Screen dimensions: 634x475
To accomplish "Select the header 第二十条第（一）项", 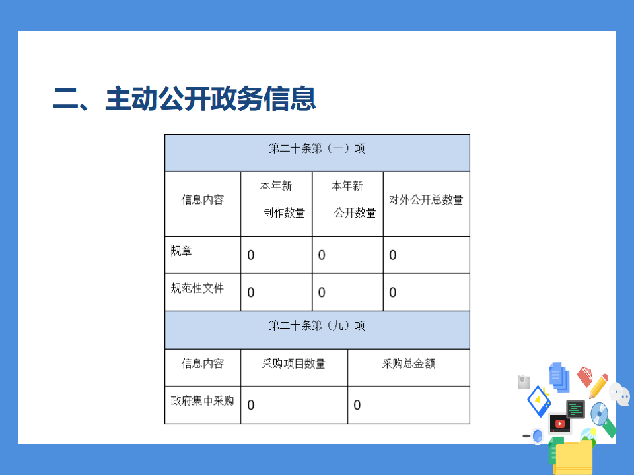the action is (x=317, y=148).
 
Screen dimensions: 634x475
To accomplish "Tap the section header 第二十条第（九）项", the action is (x=317, y=325).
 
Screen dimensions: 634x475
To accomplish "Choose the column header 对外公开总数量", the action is (x=426, y=199).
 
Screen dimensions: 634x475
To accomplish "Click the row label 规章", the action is (x=181, y=251).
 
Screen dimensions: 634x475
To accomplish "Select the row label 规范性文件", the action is (x=197, y=288).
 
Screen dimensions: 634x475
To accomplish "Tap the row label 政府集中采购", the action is (x=202, y=400).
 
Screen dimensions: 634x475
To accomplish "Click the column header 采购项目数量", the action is (x=293, y=364).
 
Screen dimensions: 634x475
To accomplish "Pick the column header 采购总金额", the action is (x=409, y=364).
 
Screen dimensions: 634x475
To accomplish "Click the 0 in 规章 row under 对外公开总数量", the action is (x=392, y=255).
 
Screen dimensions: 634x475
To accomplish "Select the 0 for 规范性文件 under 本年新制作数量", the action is (x=251, y=292).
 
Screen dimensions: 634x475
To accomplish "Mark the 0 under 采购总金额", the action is (x=357, y=405).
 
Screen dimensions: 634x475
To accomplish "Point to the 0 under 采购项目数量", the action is (x=251, y=405).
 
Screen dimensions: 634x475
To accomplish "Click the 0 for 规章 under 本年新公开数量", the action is (x=322, y=255).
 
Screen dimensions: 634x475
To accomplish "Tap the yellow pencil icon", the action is (x=599, y=386).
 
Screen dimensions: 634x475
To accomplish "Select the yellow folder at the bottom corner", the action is (x=573, y=459).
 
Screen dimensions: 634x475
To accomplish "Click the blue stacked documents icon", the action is (x=559, y=377).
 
